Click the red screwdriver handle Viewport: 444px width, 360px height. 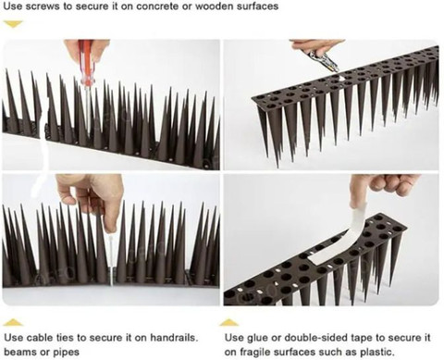tap(86, 62)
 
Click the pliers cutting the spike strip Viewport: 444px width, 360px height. tap(322, 59)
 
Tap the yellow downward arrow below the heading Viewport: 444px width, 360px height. tap(14, 24)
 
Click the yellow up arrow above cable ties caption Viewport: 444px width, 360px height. tap(13, 322)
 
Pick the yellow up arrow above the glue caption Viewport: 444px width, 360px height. tap(228, 322)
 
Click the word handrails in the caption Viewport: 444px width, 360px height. tap(174, 337)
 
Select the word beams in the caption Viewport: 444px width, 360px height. tap(19, 352)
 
